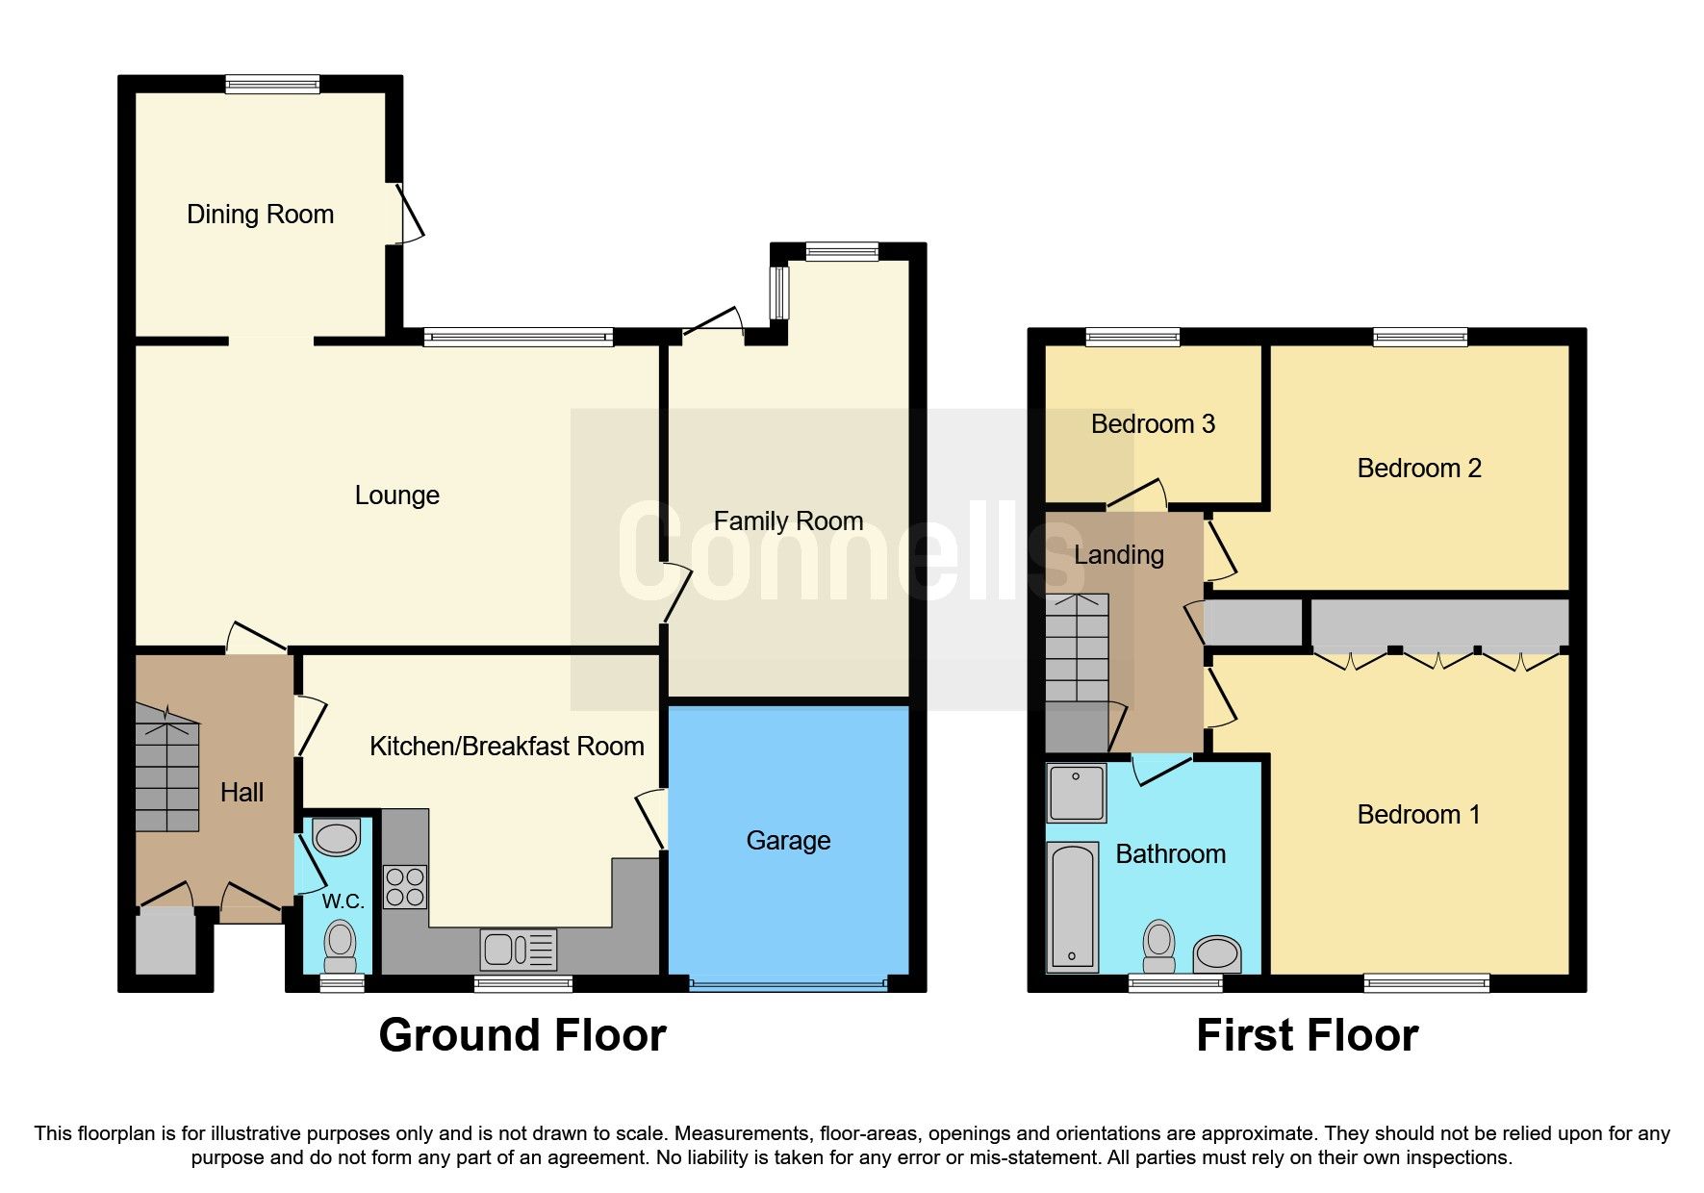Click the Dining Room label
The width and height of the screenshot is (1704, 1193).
point(260,214)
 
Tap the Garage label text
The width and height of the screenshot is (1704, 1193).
point(788,840)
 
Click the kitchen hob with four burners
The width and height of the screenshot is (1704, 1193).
point(405,887)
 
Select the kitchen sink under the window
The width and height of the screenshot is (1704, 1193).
point(518,950)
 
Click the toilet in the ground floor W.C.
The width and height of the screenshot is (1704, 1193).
point(339,945)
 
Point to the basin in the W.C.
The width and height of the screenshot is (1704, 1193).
point(337,837)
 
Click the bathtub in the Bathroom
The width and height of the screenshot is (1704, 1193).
point(1072,905)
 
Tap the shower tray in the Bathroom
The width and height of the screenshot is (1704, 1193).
point(1076,793)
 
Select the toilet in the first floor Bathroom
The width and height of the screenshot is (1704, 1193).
point(1159,947)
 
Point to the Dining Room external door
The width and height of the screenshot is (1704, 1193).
point(410,213)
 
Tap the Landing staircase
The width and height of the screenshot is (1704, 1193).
point(1077,649)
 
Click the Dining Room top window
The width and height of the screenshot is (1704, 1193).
point(272,85)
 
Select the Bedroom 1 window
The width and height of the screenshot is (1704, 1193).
point(1426,982)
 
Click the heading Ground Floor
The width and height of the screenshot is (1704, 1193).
point(521,1035)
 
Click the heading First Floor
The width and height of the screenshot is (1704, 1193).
point(1307,1035)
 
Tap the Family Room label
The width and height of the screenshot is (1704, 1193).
point(788,520)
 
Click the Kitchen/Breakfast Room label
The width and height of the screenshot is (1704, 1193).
point(506,746)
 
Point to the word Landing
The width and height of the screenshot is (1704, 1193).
point(1118,554)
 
